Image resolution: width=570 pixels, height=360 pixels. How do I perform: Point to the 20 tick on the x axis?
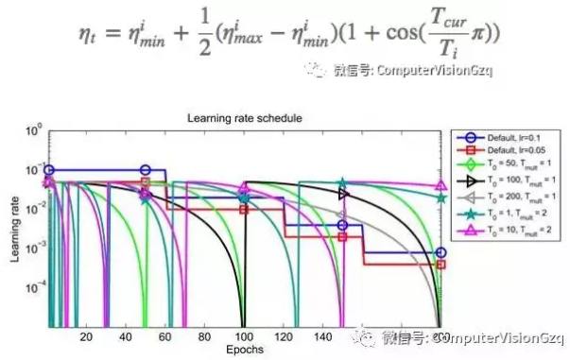[86, 337]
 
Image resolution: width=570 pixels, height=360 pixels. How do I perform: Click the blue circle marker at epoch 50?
[145, 171]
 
